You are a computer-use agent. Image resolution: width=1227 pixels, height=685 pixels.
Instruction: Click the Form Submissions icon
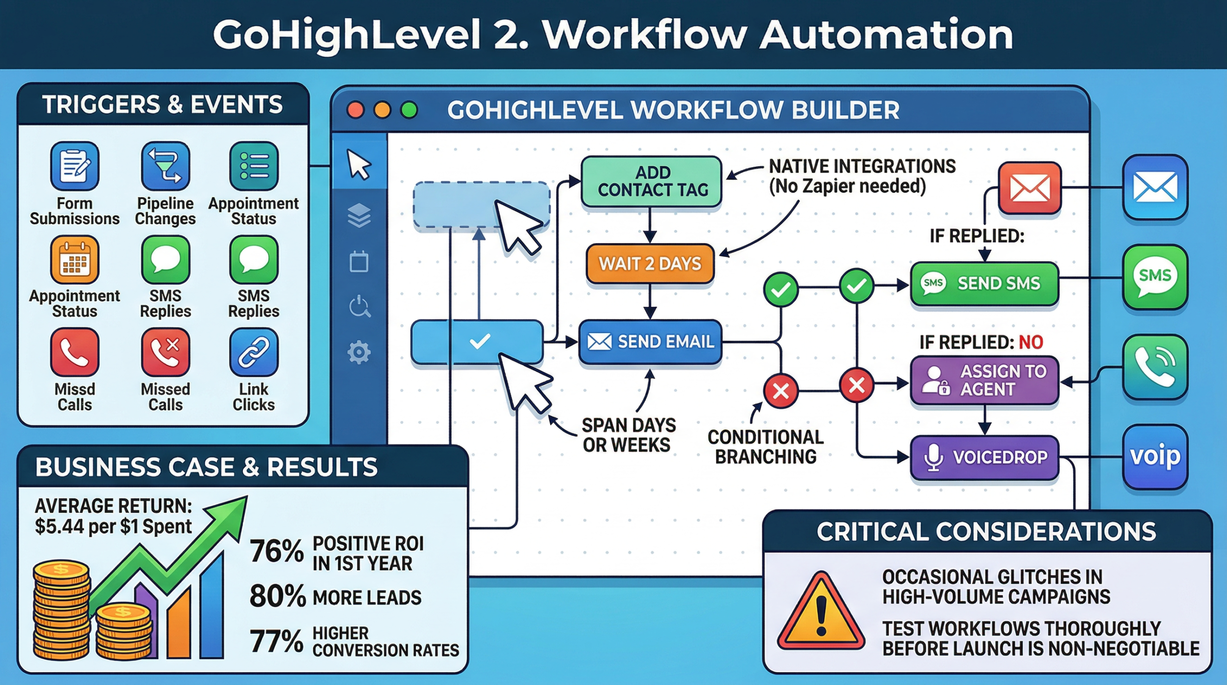[74, 166]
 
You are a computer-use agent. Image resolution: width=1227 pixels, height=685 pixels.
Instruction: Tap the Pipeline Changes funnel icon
[165, 166]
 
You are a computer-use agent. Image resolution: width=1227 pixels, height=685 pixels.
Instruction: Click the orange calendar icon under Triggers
[74, 259]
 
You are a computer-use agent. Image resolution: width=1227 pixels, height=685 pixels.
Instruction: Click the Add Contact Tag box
[651, 181]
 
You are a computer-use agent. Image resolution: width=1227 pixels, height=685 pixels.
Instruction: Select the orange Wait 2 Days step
[649, 264]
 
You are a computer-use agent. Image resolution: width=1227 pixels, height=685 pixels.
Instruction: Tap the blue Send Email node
[650, 342]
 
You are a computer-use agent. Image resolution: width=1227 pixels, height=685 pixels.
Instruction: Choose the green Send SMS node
[984, 283]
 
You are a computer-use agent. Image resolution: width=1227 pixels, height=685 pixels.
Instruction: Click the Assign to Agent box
[984, 380]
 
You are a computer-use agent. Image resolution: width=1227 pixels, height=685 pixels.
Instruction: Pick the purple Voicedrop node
[984, 457]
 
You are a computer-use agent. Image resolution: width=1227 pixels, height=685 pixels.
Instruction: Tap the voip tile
[1155, 456]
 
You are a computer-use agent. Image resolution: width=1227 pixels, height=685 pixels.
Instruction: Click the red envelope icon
[1029, 187]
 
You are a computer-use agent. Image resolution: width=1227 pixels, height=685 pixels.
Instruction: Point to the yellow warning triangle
[821, 613]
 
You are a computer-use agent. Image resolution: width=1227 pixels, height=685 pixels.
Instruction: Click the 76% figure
[277, 551]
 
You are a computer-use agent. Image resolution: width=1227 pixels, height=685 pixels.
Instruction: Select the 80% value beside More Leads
[278, 596]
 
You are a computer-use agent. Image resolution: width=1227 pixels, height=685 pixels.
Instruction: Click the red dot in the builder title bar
[355, 110]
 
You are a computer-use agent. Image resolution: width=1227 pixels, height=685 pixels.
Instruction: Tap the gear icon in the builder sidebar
[359, 353]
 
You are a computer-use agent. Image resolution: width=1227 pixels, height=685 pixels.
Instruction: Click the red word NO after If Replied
[1030, 342]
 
